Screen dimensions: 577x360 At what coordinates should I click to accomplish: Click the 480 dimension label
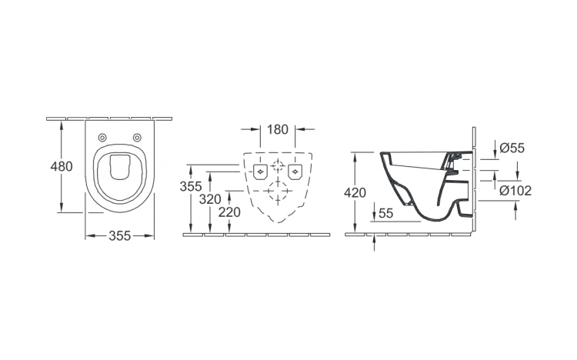click(62, 167)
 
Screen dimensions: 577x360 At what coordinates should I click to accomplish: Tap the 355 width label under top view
click(119, 236)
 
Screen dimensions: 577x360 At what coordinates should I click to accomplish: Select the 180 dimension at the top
click(278, 129)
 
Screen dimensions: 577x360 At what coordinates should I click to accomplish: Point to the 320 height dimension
click(210, 199)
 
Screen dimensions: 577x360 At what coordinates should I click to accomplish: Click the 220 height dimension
click(229, 212)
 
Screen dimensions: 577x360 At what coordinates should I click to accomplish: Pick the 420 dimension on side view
click(355, 192)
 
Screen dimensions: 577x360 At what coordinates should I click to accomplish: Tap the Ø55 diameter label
click(512, 148)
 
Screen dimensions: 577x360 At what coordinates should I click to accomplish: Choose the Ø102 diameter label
click(515, 191)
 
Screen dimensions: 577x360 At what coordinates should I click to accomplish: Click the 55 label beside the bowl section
click(385, 213)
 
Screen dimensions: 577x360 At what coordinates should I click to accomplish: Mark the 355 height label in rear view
click(191, 187)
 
